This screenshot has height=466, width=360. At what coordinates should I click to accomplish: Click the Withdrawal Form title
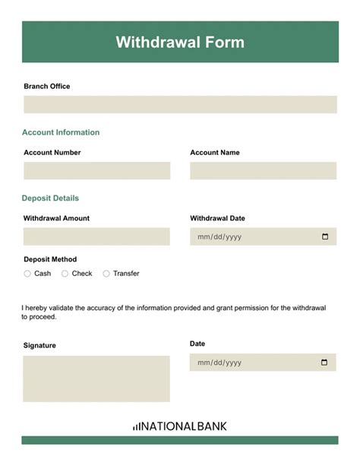180,43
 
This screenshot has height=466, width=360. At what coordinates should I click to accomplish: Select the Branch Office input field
180,104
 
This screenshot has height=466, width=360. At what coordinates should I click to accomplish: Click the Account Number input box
96,171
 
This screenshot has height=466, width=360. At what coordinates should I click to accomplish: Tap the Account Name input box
263,171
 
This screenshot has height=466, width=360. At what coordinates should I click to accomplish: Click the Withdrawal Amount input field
96,236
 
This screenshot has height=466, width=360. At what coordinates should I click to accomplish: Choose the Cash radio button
27,274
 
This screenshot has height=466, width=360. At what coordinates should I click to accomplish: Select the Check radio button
65,274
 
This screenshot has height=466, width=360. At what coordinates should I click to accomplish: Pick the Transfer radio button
106,274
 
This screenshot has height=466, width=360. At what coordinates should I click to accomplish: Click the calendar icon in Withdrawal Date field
325,236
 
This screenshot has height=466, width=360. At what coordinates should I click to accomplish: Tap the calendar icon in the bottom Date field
325,363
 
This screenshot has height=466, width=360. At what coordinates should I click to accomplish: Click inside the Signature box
96,379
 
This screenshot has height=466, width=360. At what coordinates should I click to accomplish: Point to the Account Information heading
61,132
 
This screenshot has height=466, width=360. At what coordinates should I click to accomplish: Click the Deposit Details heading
50,198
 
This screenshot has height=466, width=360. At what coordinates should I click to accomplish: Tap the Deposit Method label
50,259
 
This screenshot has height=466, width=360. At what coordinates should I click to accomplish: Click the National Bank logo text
184,426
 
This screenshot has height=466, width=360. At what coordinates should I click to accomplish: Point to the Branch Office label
47,87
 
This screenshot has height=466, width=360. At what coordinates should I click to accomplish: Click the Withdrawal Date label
217,218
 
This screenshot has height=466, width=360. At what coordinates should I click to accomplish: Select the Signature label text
39,345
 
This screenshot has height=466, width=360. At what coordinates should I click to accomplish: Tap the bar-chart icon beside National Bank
135,427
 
